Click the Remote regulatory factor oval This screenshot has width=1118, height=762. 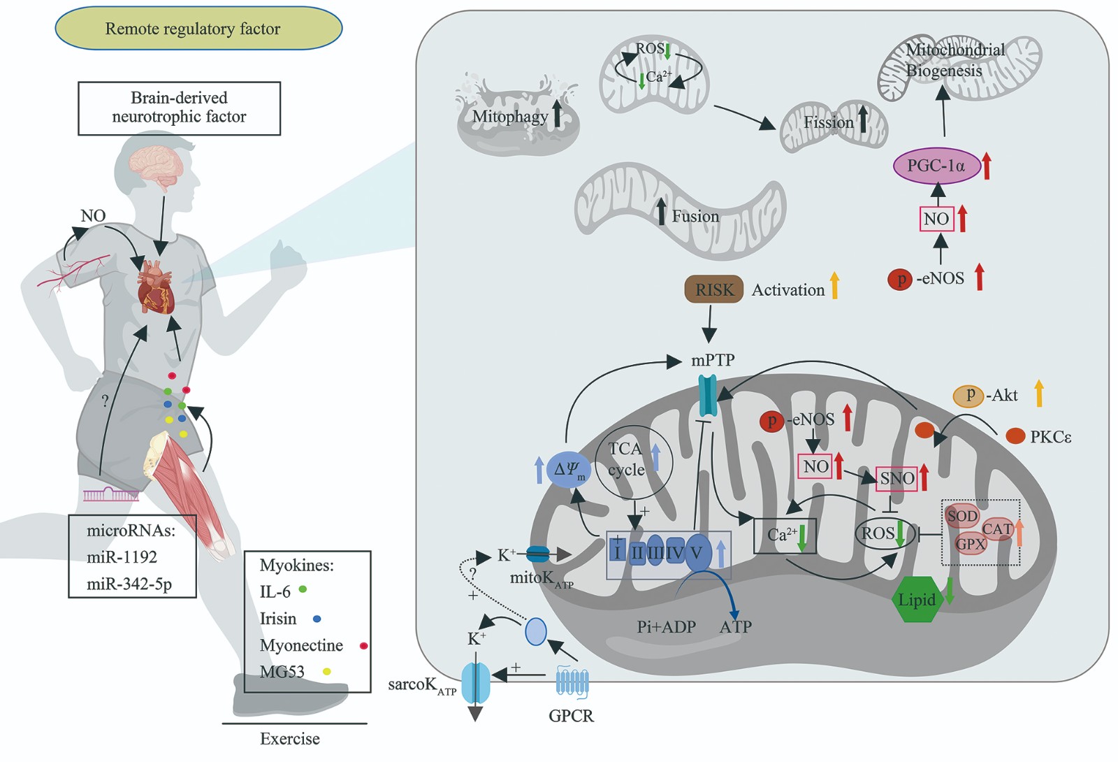coord(198,29)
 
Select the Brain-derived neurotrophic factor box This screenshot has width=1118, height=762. coord(179,108)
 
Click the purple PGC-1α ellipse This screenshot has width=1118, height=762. coord(936,166)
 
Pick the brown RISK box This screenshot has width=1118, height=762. coord(713,290)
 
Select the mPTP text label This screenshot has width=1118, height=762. coord(713,360)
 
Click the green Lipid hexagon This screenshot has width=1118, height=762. coord(917,600)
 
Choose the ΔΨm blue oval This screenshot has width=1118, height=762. coord(568,470)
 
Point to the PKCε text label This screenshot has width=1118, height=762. coord(1050,437)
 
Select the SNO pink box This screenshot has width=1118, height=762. coord(896,479)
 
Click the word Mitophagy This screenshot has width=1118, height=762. coord(510,117)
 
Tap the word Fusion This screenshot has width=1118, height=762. coord(695,217)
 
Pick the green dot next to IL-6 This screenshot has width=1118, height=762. coord(303,589)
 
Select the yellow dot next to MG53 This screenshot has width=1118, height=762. coord(326,672)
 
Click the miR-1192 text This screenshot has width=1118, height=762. coord(122,557)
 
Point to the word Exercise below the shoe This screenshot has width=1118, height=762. coord(289,739)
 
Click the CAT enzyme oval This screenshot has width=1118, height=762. coord(997,529)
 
